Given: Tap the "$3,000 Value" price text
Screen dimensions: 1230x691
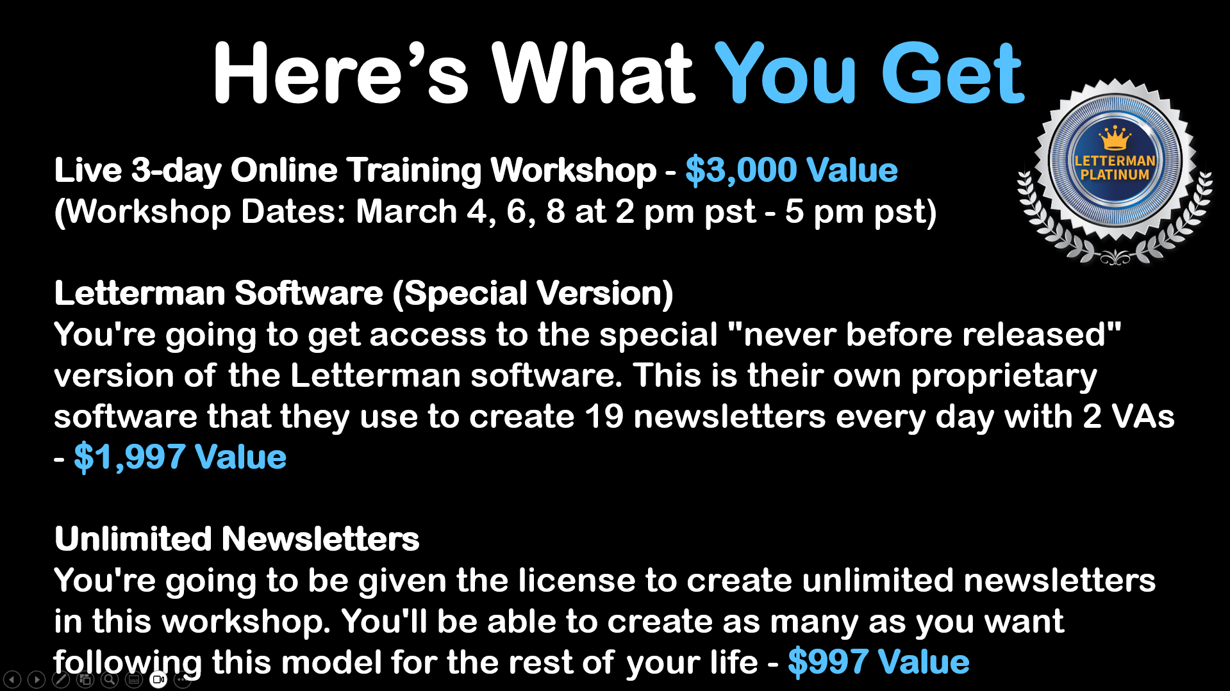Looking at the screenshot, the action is (791, 170).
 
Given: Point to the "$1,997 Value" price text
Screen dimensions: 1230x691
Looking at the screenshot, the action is (180, 457).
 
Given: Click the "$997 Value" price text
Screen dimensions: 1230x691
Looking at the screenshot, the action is (878, 662).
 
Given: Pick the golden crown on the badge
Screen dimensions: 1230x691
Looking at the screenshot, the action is (1115, 138).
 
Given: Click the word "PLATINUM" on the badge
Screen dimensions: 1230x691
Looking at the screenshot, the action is (1115, 174).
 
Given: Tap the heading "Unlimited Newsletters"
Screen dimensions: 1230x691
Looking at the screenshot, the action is (237, 539).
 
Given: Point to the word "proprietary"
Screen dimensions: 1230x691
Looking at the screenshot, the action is (1004, 377).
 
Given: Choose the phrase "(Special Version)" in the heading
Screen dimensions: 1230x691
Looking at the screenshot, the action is (533, 294).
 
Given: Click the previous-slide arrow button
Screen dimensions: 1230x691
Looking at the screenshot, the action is (12, 679).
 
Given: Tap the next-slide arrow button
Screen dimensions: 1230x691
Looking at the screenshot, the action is (37, 679).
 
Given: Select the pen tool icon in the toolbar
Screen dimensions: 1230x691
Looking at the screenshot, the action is (61, 679).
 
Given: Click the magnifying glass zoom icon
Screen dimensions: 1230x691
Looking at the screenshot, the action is (110, 679).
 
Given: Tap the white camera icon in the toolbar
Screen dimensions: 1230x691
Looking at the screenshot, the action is (158, 679).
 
